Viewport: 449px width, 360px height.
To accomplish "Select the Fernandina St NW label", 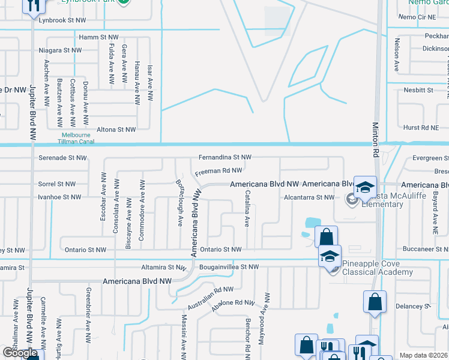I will [225, 157].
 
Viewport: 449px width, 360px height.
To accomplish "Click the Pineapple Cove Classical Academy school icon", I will [329, 256].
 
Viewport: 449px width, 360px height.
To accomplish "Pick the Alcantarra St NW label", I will [309, 197].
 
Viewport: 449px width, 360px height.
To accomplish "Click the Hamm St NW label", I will [100, 37].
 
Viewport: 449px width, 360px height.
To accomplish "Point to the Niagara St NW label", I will [60, 51].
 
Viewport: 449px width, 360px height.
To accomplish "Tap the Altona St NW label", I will [117, 129].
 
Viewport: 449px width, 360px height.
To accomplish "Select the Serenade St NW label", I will [60, 157].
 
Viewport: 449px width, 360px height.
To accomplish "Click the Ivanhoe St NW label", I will [59, 197].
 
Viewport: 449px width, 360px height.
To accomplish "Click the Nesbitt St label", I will [418, 90].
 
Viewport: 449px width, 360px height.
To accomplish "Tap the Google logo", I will [19, 353].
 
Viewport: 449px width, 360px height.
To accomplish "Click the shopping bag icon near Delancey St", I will [375, 302].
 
